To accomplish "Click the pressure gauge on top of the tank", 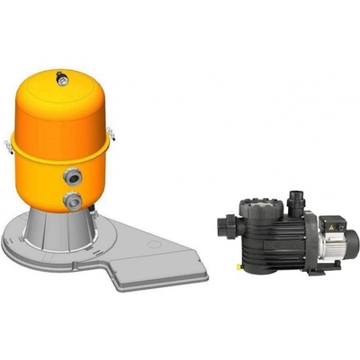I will (x=62, y=79).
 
